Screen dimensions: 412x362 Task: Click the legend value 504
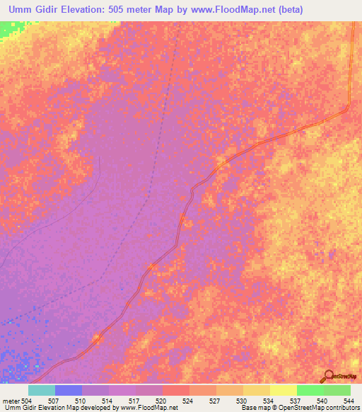click(x=25, y=400)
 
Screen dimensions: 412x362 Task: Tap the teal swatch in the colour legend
click(x=42, y=390)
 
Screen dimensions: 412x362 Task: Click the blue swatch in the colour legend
click(x=69, y=390)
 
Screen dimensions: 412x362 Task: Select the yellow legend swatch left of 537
click(x=283, y=390)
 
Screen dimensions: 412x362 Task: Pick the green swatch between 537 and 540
click(x=310, y=390)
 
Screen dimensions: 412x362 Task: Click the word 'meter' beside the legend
click(x=10, y=400)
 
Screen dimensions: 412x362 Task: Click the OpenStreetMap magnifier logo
click(x=327, y=376)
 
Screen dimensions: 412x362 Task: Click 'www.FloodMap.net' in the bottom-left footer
click(x=149, y=408)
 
